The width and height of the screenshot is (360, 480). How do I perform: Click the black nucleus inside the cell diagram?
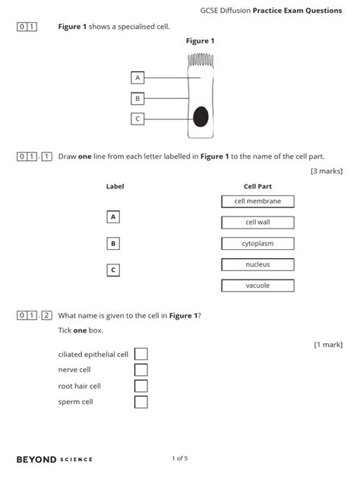[201, 117]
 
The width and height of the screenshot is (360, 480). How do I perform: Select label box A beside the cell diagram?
[137, 77]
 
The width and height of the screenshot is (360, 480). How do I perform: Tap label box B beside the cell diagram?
[137, 98]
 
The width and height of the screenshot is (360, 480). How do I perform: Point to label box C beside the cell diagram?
[137, 118]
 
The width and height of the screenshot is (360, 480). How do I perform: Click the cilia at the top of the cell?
[201, 60]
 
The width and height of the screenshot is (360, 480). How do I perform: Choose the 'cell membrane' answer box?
[257, 201]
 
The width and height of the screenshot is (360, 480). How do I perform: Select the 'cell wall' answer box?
[257, 223]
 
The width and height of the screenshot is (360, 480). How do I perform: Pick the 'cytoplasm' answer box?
[257, 244]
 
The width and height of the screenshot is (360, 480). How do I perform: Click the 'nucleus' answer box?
[257, 264]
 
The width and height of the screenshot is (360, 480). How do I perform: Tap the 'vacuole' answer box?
[257, 286]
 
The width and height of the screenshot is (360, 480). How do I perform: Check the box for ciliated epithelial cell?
[141, 354]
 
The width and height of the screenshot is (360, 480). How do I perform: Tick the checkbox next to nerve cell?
[141, 370]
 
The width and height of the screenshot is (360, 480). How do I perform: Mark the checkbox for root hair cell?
[141, 386]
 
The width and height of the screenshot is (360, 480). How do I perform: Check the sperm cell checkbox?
[141, 402]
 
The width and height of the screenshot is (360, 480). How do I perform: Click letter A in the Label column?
[113, 217]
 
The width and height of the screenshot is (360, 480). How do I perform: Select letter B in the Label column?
[113, 244]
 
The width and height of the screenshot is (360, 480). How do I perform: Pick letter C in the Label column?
[113, 270]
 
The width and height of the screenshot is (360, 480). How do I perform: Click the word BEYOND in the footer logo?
[35, 459]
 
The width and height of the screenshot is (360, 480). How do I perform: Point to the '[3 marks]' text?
[327, 171]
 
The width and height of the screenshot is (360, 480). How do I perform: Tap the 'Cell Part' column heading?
[257, 186]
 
